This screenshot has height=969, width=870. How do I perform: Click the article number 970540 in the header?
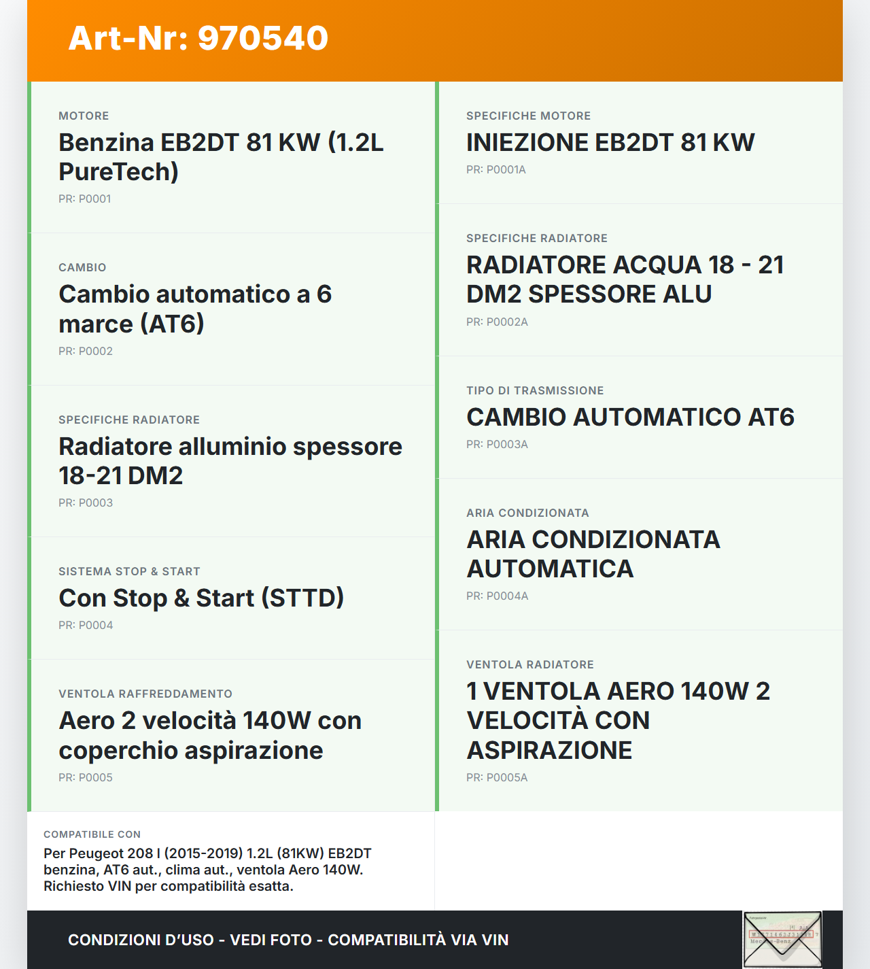[x=263, y=38]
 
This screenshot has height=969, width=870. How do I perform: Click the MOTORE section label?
[x=84, y=116]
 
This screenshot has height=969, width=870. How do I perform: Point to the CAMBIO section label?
[x=82, y=267]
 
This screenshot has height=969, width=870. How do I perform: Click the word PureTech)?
[x=118, y=172]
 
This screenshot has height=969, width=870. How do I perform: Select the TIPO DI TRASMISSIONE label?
[x=535, y=390]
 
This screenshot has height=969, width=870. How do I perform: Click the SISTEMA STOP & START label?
[x=129, y=571]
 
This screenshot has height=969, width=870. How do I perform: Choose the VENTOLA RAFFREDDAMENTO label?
[x=145, y=694]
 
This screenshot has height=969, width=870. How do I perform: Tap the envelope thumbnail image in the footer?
[x=782, y=939]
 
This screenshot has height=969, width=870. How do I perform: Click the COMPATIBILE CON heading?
[x=92, y=834]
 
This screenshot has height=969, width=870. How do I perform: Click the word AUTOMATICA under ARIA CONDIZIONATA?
[x=550, y=569]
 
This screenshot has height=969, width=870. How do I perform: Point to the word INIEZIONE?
[x=527, y=143]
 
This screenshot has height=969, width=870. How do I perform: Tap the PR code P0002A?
[x=497, y=322]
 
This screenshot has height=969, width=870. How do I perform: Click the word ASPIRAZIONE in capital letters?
[x=549, y=751]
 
